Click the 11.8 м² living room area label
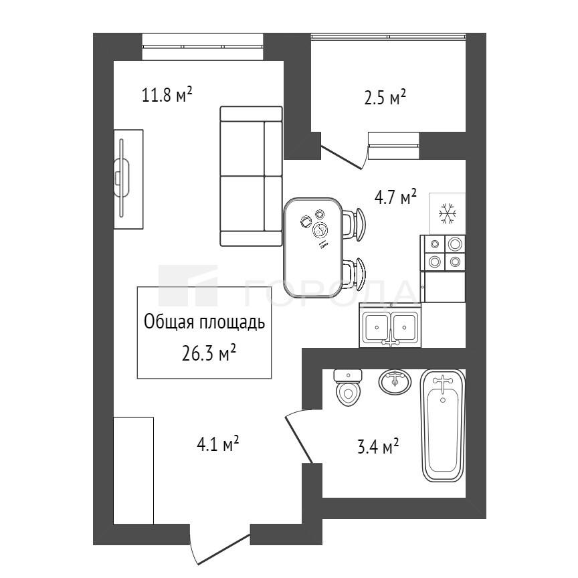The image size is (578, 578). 167,95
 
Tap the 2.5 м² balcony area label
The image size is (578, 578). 385,98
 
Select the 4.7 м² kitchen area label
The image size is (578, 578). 395,197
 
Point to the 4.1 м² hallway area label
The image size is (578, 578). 218,444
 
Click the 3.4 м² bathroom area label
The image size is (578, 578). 378,446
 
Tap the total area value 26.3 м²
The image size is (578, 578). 209,353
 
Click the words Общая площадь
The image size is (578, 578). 204,322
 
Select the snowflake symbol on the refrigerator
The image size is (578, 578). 448,213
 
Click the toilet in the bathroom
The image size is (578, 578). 348,387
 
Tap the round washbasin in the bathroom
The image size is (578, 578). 395,381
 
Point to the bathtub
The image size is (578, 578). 443,425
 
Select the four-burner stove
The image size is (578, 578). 443,254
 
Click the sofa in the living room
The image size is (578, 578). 251,176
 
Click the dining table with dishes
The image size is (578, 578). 313,247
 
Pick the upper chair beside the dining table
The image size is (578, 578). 355,224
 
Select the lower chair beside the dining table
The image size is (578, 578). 355,274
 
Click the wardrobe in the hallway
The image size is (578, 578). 133,470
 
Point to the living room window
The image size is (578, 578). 203,46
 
